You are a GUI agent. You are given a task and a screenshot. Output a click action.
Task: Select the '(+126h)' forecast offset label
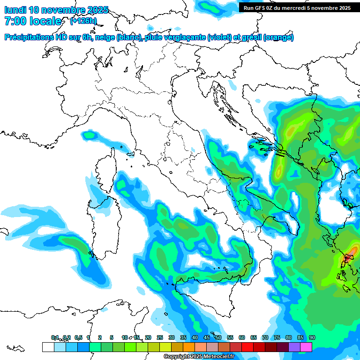[x=83, y=21]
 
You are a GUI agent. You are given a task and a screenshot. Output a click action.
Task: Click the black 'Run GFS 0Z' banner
[x=297, y=7]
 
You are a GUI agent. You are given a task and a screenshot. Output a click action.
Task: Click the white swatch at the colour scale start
[x=48, y=347]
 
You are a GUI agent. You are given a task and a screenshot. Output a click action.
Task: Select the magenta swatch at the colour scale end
[x=306, y=347]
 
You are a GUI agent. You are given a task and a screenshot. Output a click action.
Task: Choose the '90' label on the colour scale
[x=312, y=337]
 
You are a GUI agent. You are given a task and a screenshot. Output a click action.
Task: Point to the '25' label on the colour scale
[x=159, y=337]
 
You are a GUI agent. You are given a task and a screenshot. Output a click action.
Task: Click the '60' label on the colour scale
[x=241, y=337]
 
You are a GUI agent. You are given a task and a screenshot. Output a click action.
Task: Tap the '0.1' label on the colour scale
[x=55, y=337]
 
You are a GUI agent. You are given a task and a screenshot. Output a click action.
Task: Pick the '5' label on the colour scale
[x=112, y=337]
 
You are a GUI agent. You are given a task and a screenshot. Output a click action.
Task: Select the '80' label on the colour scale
[x=288, y=337]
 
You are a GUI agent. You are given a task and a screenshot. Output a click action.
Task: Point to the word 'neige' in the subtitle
[x=105, y=37]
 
